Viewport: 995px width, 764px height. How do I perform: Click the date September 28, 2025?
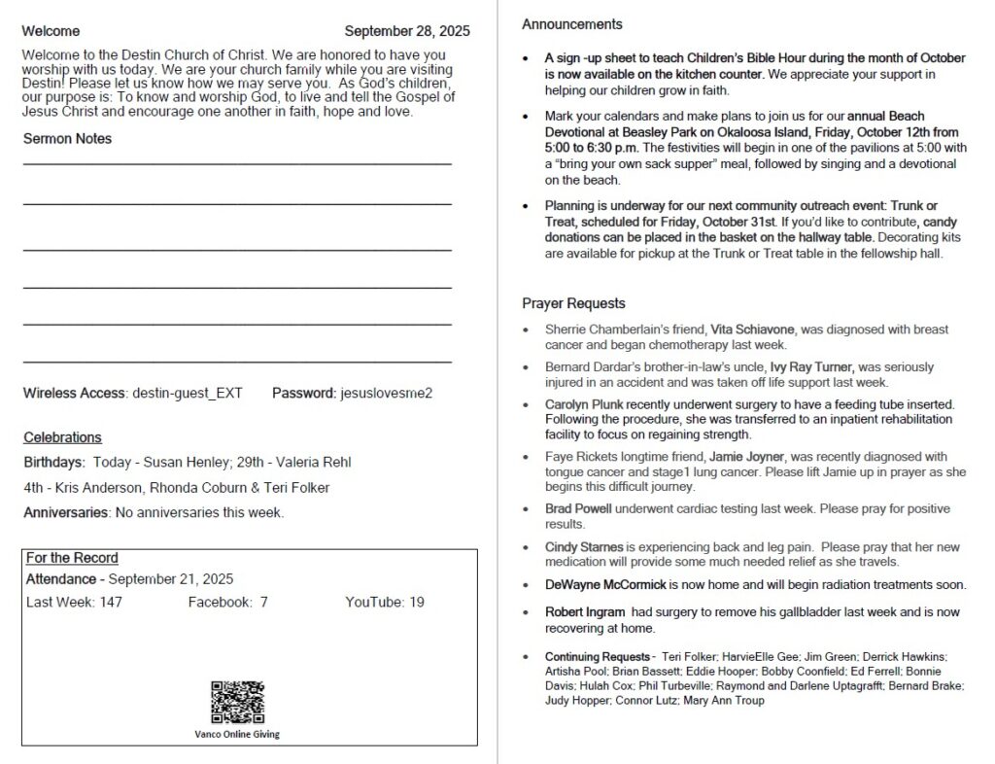[407, 31]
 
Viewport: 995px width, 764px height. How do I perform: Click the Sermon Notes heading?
[67, 139]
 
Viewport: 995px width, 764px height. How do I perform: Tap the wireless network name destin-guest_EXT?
[188, 394]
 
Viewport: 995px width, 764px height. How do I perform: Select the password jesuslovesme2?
[385, 394]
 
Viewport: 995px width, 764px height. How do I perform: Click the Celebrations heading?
[62, 437]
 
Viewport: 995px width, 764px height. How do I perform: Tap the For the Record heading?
[72, 558]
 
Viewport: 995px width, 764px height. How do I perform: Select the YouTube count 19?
[416, 603]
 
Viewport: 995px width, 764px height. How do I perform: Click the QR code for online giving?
[237, 702]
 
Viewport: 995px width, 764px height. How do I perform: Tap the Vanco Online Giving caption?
[237, 734]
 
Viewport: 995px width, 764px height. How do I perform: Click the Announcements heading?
[572, 24]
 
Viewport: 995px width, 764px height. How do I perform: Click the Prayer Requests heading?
[573, 303]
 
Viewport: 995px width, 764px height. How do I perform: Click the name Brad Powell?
[578, 509]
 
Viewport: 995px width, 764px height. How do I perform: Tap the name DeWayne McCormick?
[605, 585]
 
